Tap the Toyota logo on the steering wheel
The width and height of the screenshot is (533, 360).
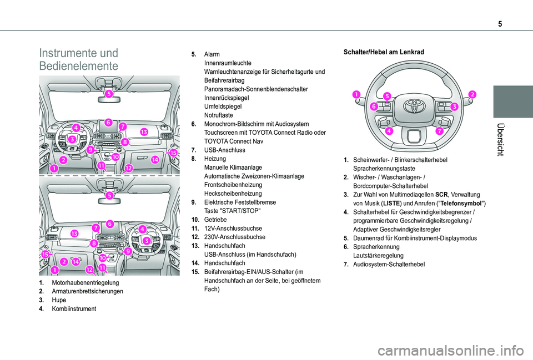pos(414,104)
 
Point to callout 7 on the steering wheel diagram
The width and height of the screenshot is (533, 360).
pos(439,131)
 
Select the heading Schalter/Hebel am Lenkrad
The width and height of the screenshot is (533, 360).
pos(384,52)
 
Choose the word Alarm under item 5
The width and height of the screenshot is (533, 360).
pos(212,54)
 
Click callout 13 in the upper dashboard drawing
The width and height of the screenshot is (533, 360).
pos(144,132)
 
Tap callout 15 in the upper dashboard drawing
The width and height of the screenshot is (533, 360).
pos(173,152)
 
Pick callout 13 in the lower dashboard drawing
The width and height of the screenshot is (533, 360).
pos(74,234)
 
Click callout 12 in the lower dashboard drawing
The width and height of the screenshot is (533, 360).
pos(89,269)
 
